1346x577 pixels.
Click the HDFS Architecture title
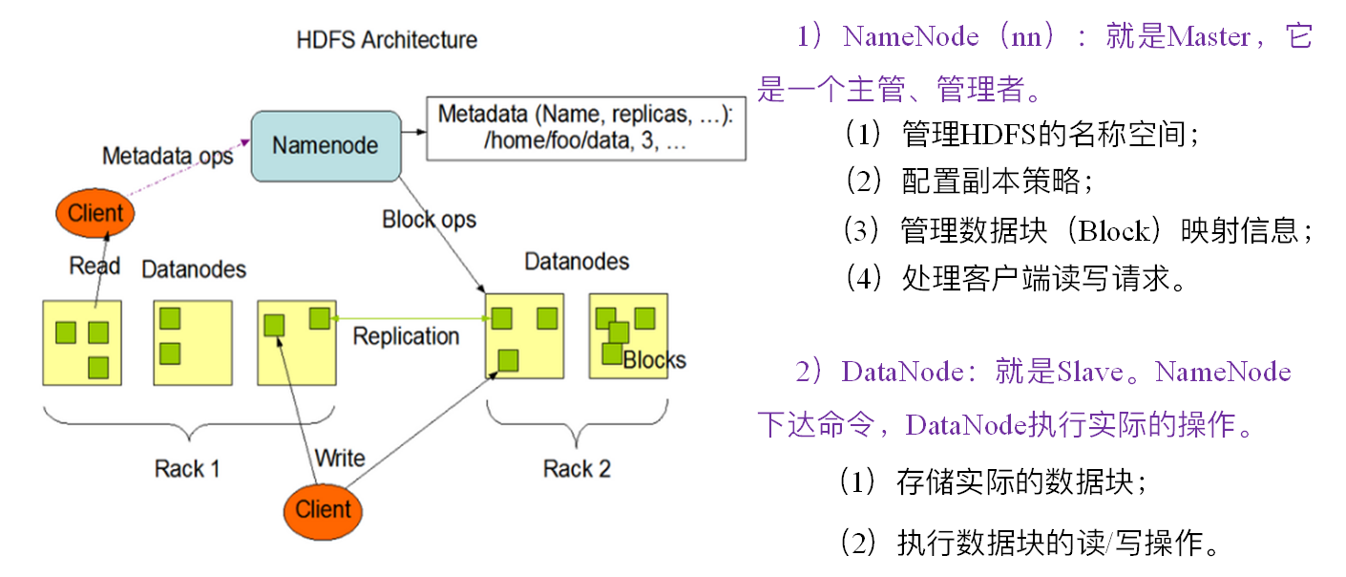[x=387, y=40]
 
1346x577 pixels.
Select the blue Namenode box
[x=326, y=146]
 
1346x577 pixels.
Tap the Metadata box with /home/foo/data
[x=586, y=128]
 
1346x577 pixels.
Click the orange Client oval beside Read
[x=95, y=213]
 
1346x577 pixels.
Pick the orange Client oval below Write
[x=323, y=511]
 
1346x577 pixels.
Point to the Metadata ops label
[x=168, y=157]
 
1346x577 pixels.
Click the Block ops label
[x=429, y=220]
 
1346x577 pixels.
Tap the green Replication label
[x=406, y=336]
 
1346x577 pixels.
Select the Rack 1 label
[x=187, y=469]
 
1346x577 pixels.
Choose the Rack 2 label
[x=577, y=469]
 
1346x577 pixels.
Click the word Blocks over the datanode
[x=654, y=360]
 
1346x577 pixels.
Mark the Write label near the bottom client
[x=340, y=459]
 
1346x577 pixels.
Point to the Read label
[x=95, y=266]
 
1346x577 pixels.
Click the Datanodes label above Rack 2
[x=577, y=262]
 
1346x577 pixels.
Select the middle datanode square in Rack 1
[x=193, y=343]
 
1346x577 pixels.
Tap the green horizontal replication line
[x=410, y=318]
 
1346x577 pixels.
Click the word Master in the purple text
[x=1209, y=37]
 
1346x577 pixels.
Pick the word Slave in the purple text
[x=1090, y=372]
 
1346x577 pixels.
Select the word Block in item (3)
[x=1113, y=231]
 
